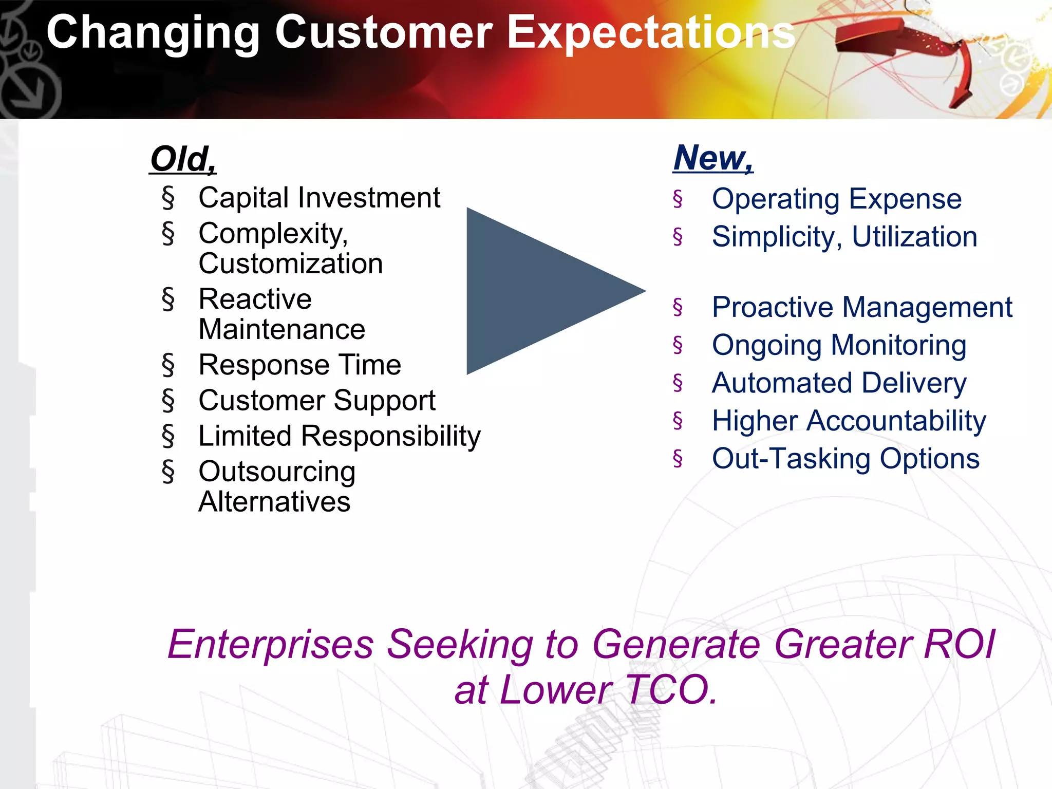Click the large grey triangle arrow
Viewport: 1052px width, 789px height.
(x=539, y=291)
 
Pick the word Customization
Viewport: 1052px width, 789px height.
(x=291, y=264)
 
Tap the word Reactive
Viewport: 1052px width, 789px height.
(x=255, y=299)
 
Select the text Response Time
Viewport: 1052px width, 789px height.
(x=299, y=365)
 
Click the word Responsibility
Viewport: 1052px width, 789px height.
(x=390, y=436)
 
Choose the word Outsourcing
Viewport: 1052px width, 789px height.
(x=277, y=472)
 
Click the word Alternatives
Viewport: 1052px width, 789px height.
(x=274, y=501)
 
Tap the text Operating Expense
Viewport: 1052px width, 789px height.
(x=836, y=199)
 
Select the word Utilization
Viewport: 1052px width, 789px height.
(x=914, y=237)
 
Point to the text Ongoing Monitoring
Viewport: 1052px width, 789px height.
(x=839, y=345)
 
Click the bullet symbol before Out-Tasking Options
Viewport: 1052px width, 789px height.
(x=678, y=458)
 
